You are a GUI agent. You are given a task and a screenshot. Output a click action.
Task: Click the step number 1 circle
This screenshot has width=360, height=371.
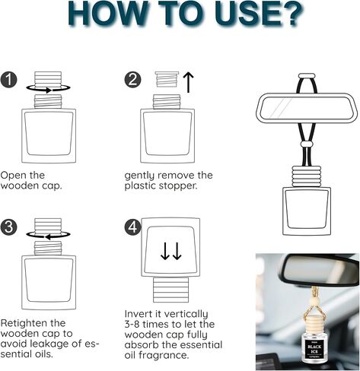[x=8, y=80]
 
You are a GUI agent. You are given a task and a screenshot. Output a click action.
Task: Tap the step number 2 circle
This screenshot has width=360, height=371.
[x=132, y=80]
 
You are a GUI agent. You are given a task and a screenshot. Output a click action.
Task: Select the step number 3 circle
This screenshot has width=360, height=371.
[x=8, y=227]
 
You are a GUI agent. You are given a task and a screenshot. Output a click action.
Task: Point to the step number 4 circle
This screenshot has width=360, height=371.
[x=132, y=227]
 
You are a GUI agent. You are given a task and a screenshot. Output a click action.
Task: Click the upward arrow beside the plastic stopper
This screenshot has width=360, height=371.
[x=188, y=82]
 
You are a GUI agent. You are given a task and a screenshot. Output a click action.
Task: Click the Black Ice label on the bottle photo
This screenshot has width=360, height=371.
[x=314, y=348]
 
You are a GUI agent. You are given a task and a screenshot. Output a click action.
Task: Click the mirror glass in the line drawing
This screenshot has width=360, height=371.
[x=306, y=108]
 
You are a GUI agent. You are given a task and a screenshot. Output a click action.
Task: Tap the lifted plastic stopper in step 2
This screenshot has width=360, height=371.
[x=167, y=79]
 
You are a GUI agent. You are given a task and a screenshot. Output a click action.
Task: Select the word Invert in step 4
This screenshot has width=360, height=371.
[x=139, y=314]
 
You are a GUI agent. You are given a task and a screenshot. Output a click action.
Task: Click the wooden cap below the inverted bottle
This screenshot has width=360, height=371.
[x=170, y=290]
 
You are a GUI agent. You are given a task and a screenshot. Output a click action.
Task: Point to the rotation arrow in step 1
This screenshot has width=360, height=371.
[x=48, y=89]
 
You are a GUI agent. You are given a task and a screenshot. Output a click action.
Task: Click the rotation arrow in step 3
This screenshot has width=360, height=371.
[x=48, y=235]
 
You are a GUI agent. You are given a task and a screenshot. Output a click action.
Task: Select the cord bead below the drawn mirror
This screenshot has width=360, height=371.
[x=307, y=144]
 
